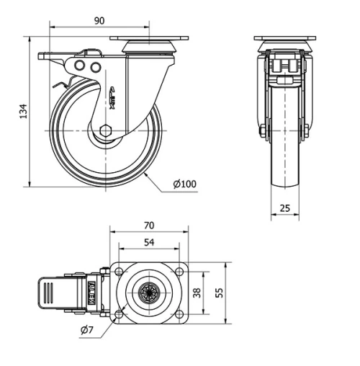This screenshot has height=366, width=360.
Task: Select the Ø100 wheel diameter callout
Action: point(184,184)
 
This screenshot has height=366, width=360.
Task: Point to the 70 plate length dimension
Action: point(149,226)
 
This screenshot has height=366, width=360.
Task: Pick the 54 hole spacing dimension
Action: point(149,243)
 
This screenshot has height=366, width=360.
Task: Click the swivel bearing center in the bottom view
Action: point(149,293)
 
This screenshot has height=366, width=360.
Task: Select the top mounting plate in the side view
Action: point(149,39)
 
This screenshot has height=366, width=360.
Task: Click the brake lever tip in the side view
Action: point(45,59)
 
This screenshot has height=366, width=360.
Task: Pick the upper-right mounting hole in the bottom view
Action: point(177,272)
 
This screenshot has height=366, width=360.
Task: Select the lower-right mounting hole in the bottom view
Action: point(177,314)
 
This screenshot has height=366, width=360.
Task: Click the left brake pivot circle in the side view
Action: point(81,66)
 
